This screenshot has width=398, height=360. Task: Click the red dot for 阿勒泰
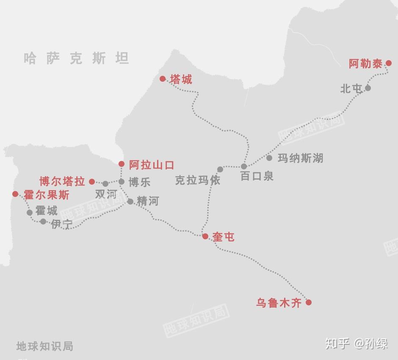389,64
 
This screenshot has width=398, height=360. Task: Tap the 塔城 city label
181,79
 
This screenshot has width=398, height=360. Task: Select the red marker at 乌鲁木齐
309,302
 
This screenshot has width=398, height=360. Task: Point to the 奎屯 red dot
205,236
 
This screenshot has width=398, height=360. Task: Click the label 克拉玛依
197,180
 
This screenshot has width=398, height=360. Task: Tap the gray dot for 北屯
368,88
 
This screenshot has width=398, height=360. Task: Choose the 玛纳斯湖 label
300,158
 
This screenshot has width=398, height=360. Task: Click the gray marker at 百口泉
244,166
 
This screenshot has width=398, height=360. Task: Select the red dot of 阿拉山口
122,164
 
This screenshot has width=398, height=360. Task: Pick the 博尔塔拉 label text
62,182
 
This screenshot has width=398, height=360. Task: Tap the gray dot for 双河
105,184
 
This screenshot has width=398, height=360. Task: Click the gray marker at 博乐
122,182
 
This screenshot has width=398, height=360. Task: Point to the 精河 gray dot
130,202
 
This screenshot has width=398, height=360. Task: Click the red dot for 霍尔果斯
15,194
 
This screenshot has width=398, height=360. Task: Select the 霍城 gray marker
30,213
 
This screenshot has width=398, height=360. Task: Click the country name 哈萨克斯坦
76,58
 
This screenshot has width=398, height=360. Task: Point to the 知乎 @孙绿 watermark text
356,343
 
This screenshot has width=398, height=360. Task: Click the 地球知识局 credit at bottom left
45,346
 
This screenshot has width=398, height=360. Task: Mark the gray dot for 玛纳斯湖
269,158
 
